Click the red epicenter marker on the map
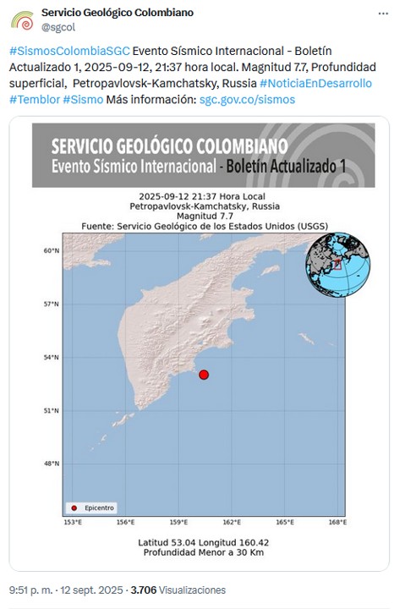tap(203, 375)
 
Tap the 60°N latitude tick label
tap(51, 250)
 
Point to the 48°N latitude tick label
tap(51, 464)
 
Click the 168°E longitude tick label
tap(337, 523)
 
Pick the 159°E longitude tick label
tap(178, 523)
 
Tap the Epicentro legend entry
tap(92, 507)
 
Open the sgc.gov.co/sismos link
tap(247, 100)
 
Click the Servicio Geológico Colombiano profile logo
tap(22, 20)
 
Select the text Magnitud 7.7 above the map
tap(205, 216)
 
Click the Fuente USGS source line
tap(205, 226)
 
